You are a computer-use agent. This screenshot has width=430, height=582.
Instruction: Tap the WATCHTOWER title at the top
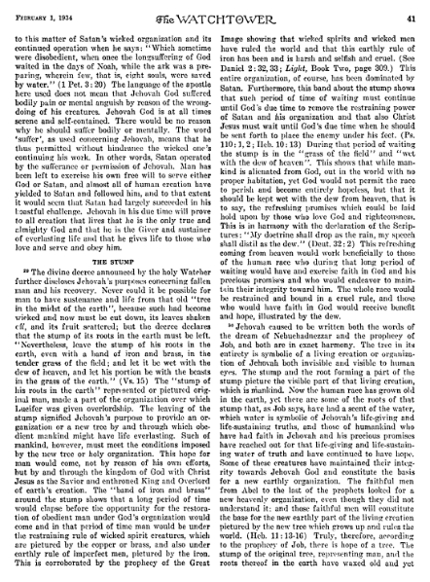(214, 11)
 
